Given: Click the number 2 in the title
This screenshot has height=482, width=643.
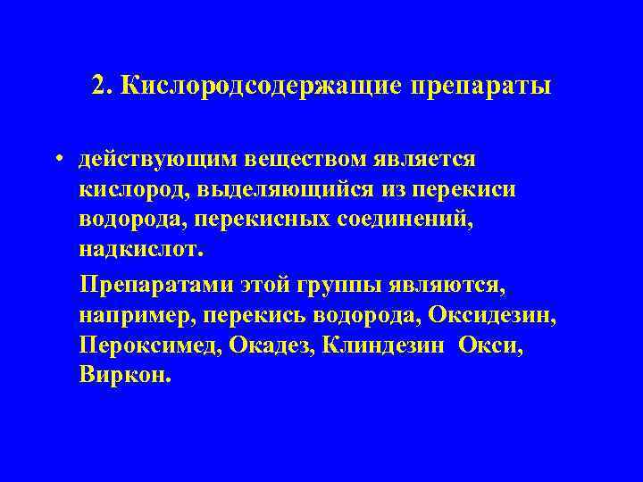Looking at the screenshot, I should click(98, 87).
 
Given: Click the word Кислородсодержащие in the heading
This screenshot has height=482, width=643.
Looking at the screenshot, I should click(261, 87).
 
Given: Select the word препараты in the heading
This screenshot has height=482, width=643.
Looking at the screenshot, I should click(482, 87).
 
